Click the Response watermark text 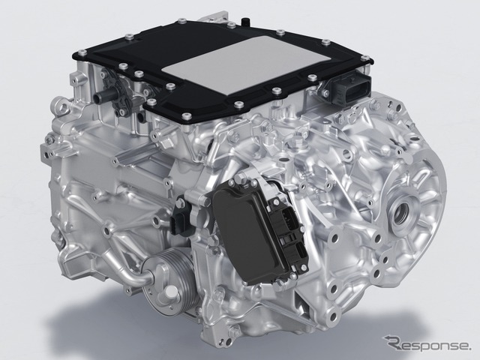coord(426,345)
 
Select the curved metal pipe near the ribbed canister coord(132,269)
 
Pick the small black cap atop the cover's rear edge coord(244,22)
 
